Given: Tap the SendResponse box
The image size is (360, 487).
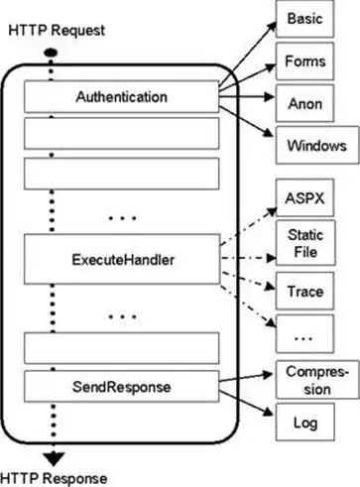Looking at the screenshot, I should point(121,385).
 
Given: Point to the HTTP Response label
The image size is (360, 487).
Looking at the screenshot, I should point(52,477).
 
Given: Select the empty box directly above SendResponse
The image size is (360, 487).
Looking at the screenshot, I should point(121,347).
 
